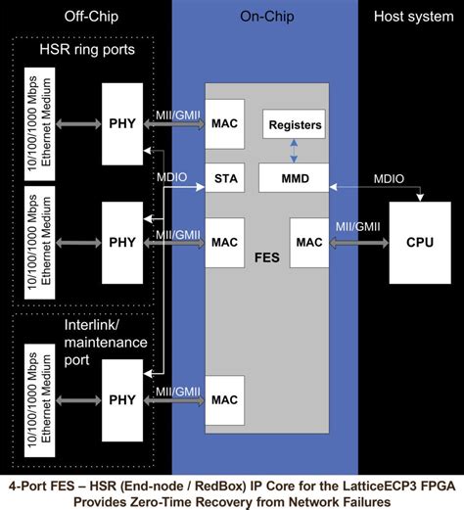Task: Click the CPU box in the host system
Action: coord(420,241)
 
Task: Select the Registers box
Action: coord(295,124)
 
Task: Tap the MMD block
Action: coord(295,178)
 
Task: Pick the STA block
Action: coord(224,178)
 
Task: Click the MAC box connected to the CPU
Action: coord(309,241)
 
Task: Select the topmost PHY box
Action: coord(122,123)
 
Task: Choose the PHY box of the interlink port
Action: coord(122,398)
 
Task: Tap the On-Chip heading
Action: coord(264,17)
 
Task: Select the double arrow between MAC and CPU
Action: coord(358,242)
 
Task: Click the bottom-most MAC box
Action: coord(224,399)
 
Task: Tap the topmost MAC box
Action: coord(224,124)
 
